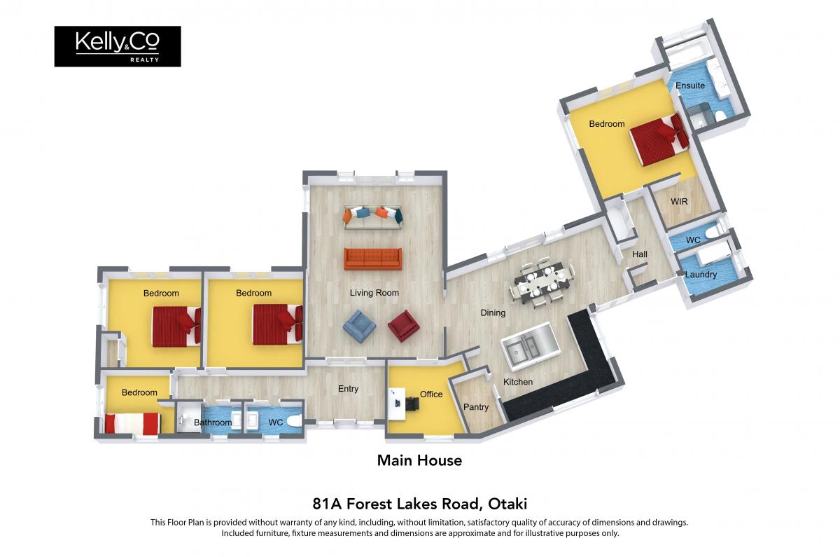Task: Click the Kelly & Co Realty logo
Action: [118, 46]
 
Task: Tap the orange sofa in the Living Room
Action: [372, 259]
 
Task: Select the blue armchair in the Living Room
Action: [359, 326]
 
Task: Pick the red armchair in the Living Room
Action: [403, 326]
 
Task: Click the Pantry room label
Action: [476, 407]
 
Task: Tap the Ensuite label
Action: [690, 85]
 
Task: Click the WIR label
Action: [679, 202]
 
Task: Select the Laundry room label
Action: [701, 275]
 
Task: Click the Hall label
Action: [640, 254]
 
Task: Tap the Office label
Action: [431, 394]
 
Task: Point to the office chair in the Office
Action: [413, 404]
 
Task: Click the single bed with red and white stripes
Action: [133, 423]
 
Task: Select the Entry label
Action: [348, 389]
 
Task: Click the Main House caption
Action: [419, 460]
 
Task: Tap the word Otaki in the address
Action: [507, 504]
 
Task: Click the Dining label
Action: [493, 312]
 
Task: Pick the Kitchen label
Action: [518, 382]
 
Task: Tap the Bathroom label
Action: [213, 422]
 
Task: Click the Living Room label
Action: [374, 293]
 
